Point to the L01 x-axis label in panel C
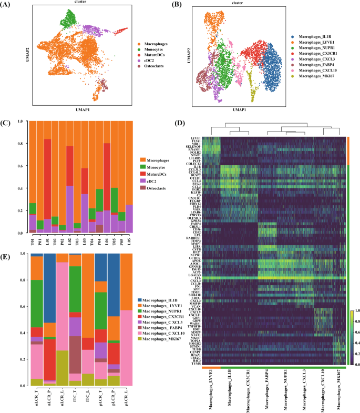[x=48, y=240]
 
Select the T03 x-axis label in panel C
[x=77, y=240]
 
